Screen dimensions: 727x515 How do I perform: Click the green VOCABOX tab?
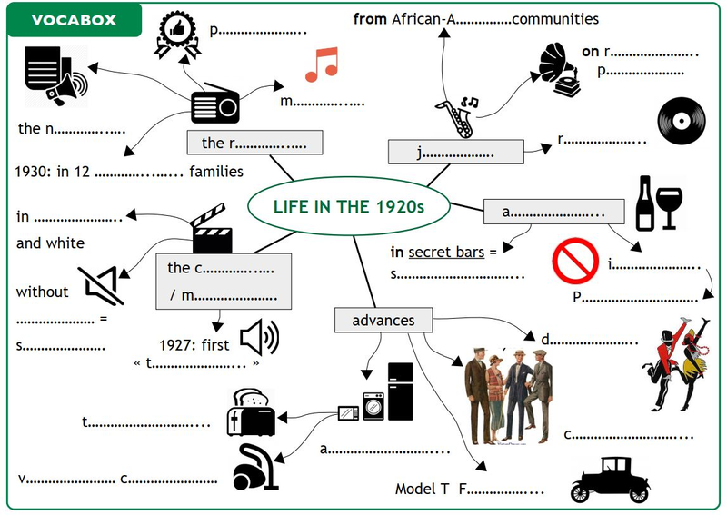pyautogui.click(x=75, y=20)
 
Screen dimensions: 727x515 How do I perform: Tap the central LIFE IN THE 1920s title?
pyautogui.click(x=349, y=206)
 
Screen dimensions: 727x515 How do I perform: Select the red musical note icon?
pyautogui.click(x=322, y=64)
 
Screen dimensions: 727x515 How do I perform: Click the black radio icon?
pyautogui.click(x=215, y=104)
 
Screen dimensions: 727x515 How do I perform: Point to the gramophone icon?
pyautogui.click(x=560, y=70)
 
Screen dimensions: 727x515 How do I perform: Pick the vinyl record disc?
pyautogui.click(x=681, y=121)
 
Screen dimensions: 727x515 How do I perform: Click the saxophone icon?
pyautogui.click(x=458, y=117)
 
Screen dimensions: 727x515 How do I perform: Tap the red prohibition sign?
pyautogui.click(x=575, y=261)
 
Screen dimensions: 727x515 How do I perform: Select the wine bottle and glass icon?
pyautogui.click(x=659, y=203)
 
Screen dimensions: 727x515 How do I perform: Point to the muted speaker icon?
pyautogui.click(x=101, y=286)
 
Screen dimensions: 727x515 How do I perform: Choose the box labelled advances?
pyautogui.click(x=383, y=320)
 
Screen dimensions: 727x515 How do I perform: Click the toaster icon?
pyautogui.click(x=251, y=412)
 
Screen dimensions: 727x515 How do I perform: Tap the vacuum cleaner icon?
pyautogui.click(x=255, y=467)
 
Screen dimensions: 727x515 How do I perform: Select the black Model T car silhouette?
pyautogui.click(x=610, y=480)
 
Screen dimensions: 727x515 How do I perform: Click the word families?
pyautogui.click(x=216, y=172)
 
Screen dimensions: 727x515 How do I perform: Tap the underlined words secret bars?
pyautogui.click(x=446, y=252)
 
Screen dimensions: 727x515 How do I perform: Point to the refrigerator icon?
pyautogui.click(x=400, y=391)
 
